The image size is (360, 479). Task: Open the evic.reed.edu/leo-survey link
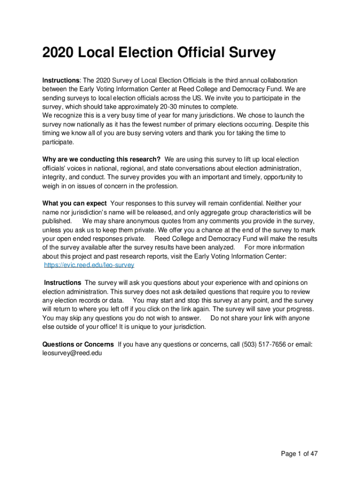tap(89, 265)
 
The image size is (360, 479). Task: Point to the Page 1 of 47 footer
tap(299, 453)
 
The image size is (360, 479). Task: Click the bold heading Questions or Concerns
tap(78, 344)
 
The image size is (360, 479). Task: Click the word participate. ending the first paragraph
tap(58, 142)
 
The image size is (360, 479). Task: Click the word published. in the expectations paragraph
tap(57, 221)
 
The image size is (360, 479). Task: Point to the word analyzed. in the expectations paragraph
tap(218, 247)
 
